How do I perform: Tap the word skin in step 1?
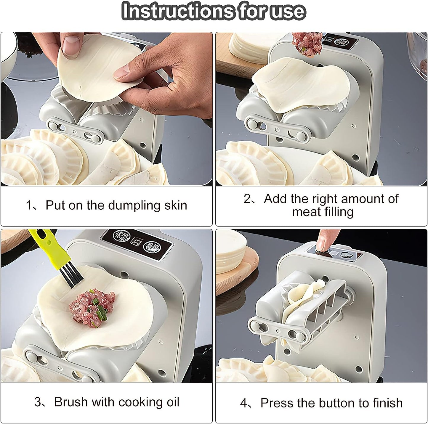(x=176, y=205)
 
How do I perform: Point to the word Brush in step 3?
(x=71, y=402)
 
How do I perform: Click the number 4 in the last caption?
(x=243, y=403)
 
